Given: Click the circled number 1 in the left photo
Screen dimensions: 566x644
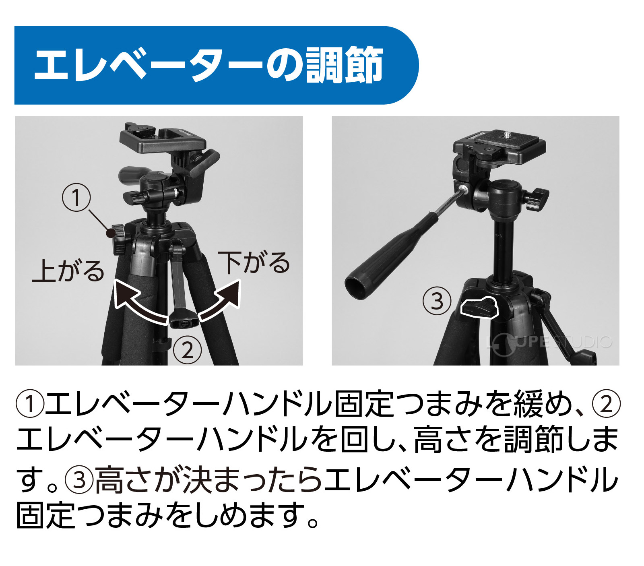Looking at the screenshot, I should (x=76, y=197).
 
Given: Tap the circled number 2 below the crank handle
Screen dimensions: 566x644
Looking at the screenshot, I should (x=187, y=350).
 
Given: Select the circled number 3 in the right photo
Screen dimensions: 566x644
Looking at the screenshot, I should (x=437, y=301).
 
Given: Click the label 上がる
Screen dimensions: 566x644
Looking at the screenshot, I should (x=68, y=271).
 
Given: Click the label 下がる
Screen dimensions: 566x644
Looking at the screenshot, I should (x=254, y=262).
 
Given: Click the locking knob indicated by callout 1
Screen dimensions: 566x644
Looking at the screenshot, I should (x=120, y=239).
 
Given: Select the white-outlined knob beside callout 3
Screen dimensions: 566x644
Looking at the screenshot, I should (x=479, y=308).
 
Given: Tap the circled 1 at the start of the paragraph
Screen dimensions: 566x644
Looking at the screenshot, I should (x=30, y=404).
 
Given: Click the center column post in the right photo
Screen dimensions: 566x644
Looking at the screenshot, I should (x=503, y=250).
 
